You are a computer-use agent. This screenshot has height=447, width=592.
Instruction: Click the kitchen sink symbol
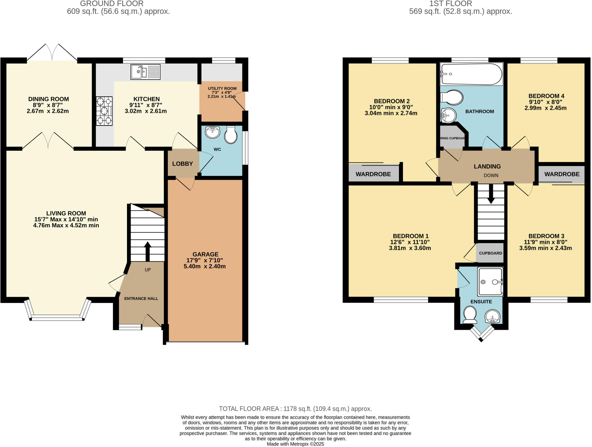(x=145, y=72)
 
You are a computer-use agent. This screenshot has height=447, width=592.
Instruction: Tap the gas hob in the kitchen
(x=104, y=111)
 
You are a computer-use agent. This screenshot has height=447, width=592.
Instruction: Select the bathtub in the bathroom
(x=471, y=74)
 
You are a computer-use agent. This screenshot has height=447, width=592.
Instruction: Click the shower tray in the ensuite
(x=490, y=282)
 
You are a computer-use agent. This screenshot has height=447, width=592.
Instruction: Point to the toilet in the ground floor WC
(x=231, y=135)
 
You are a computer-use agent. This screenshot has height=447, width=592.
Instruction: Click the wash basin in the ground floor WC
(x=212, y=133)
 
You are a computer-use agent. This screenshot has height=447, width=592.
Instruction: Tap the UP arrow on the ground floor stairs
(x=147, y=251)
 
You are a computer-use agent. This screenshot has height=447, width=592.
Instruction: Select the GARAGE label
(x=205, y=254)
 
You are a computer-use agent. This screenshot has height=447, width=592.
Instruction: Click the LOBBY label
(x=182, y=164)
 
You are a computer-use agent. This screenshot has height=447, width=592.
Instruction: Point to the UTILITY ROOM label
(x=222, y=89)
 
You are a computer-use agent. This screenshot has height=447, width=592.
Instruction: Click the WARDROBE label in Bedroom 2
(x=373, y=174)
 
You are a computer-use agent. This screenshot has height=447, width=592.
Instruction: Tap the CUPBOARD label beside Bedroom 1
(x=491, y=253)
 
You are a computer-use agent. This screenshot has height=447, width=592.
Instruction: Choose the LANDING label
(x=487, y=166)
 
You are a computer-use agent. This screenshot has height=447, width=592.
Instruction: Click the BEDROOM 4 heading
(x=546, y=96)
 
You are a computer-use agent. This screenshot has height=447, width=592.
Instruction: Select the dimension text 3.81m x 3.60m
(x=410, y=248)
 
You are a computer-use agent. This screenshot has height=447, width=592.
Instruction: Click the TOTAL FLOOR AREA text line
(x=295, y=409)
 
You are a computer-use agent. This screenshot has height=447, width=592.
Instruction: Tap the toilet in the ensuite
(x=470, y=315)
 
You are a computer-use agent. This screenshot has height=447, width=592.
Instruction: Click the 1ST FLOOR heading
(x=450, y=4)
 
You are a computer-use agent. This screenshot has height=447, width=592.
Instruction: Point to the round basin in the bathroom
(x=448, y=115)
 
